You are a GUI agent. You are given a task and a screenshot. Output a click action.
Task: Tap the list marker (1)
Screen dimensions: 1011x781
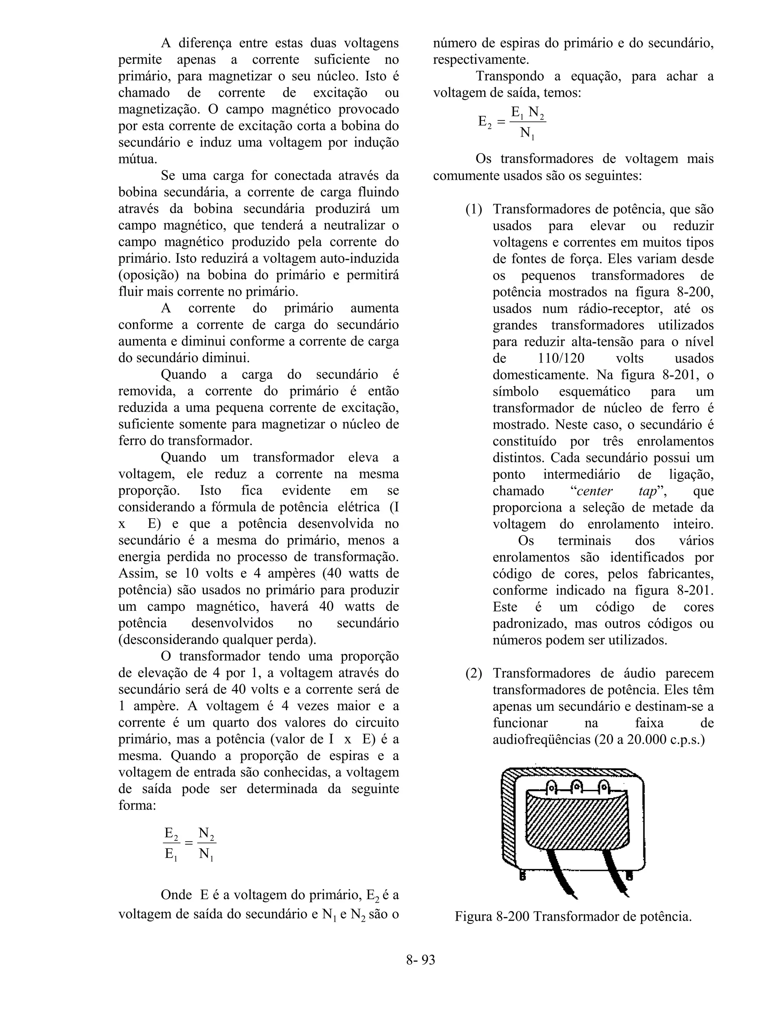coord(473,209)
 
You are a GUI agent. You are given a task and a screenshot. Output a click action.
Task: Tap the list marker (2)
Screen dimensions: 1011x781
coord(473,673)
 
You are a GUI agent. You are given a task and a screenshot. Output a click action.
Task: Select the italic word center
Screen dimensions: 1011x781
coord(594,491)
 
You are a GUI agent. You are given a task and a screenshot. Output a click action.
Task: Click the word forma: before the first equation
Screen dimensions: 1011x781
coord(137,805)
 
